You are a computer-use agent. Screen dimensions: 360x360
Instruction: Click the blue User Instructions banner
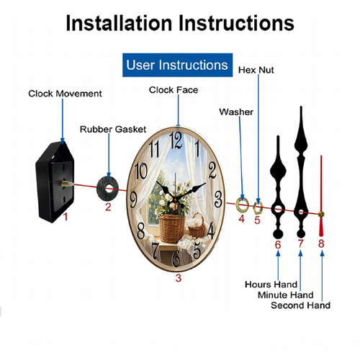click(177, 65)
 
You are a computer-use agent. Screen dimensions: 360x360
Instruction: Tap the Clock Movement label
click(65, 94)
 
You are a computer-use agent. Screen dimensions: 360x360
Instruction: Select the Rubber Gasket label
click(113, 130)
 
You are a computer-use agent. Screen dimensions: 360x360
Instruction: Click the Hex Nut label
click(256, 70)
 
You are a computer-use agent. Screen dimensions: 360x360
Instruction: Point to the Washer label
click(236, 112)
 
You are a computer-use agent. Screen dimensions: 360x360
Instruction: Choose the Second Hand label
click(300, 305)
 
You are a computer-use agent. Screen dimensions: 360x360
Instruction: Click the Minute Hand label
click(286, 294)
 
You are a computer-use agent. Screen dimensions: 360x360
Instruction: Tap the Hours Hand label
click(271, 284)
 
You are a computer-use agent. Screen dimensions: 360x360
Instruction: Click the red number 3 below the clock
click(179, 278)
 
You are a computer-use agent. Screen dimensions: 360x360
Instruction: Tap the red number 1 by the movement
click(66, 217)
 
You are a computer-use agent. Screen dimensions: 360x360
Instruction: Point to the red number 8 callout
click(321, 243)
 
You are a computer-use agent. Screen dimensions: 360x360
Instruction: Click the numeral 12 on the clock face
click(176, 140)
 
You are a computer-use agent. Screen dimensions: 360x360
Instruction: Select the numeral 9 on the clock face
click(133, 200)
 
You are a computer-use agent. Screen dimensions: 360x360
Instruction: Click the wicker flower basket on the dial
click(172, 228)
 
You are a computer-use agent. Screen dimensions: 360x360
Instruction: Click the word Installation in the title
click(120, 23)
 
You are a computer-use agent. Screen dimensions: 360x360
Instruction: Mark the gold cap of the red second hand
click(321, 215)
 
